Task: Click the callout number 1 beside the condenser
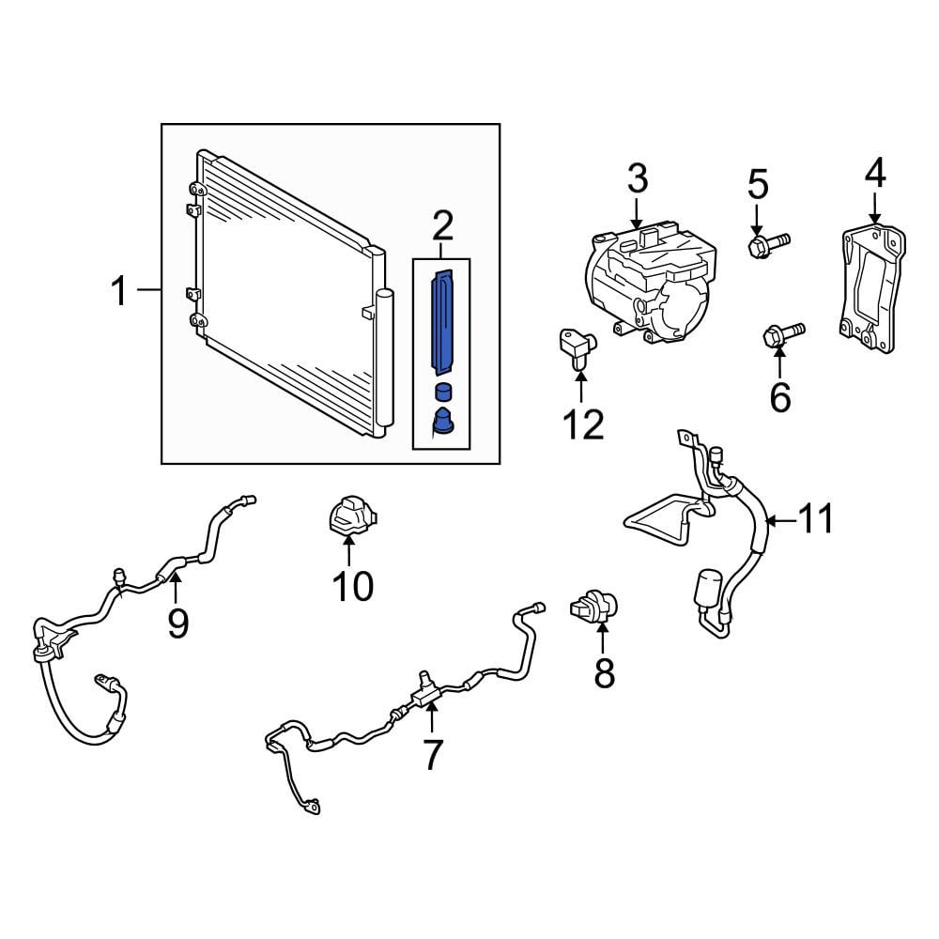(x=120, y=291)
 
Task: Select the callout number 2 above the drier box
(x=442, y=226)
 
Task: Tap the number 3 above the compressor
(x=638, y=178)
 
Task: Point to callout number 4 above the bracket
(x=875, y=173)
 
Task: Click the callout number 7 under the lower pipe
(x=432, y=755)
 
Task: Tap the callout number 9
(x=177, y=623)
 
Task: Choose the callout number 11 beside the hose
(x=816, y=518)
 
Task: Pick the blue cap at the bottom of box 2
(x=442, y=421)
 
